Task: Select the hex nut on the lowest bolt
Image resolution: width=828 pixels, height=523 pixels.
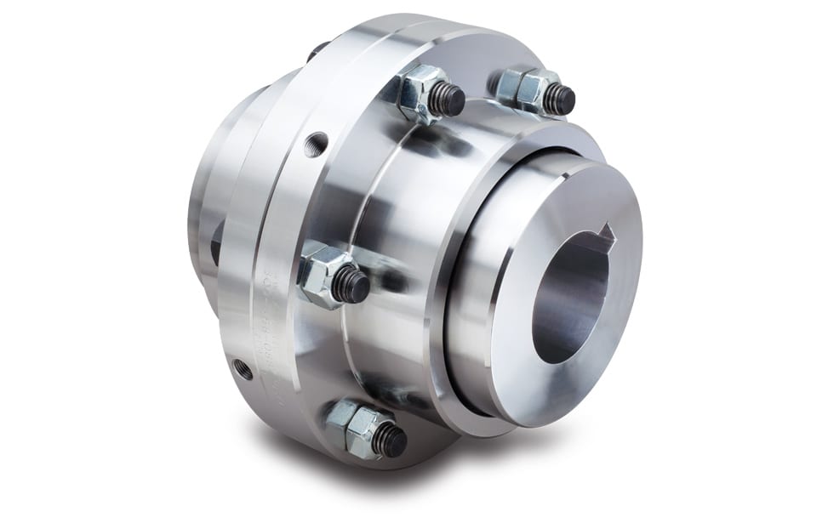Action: point(355,422)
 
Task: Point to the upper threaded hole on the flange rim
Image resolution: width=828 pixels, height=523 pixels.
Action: point(317,139)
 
